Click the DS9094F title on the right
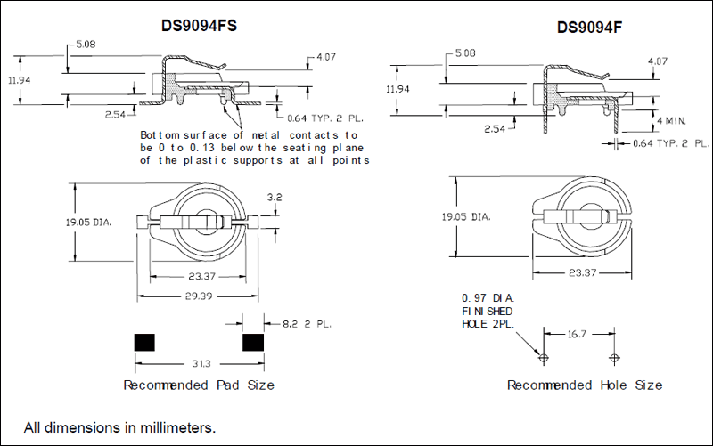[x=589, y=27]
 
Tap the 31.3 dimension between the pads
[x=198, y=364]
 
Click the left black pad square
[x=143, y=343]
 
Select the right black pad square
[x=254, y=343]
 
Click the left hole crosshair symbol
[x=544, y=358]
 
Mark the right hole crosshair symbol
[x=613, y=358]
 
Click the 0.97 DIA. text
[x=488, y=296]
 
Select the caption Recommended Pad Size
[x=198, y=385]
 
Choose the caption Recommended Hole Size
[x=585, y=385]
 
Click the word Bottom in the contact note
[x=160, y=134]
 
